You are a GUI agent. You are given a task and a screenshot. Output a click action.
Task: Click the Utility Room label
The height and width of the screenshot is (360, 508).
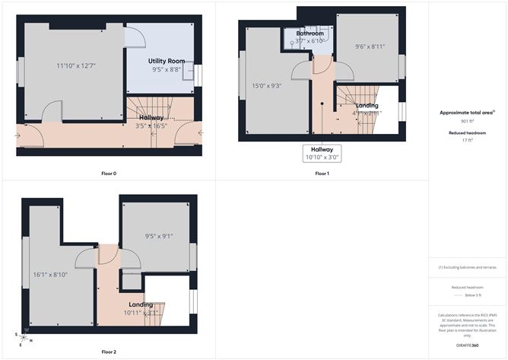pos(166,60)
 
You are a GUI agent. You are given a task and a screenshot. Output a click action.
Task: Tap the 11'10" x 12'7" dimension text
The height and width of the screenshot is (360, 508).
pos(75,65)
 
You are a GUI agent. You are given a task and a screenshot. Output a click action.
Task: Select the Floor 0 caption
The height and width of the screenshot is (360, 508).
pos(109,174)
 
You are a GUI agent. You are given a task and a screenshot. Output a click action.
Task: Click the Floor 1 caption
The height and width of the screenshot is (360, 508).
pos(322,174)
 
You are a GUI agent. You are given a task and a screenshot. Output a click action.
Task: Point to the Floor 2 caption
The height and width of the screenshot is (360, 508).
pos(109,352)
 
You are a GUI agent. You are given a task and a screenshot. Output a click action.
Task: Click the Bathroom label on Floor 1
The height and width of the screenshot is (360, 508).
pos(310,33)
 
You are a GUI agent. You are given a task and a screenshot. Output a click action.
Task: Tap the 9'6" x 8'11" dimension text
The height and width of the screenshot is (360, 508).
pos(370,46)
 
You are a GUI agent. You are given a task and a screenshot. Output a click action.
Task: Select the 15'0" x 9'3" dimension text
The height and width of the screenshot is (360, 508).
pos(267,86)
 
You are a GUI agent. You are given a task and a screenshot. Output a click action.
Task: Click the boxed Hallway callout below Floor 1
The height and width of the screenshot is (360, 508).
pos(322,154)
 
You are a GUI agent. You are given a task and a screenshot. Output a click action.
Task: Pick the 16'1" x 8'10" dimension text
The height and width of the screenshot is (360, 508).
pos(50,274)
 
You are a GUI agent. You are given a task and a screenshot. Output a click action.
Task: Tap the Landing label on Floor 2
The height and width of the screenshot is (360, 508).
pos(141,304)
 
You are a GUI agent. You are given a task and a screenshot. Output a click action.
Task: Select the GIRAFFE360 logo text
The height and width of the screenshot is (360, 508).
pos(468,346)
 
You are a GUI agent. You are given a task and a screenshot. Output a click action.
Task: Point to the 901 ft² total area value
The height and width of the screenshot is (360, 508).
pos(467,121)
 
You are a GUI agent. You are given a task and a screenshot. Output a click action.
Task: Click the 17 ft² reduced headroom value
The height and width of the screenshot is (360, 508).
pos(467,141)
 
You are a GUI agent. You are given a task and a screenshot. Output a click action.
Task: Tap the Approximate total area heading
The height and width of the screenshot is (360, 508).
pos(467,112)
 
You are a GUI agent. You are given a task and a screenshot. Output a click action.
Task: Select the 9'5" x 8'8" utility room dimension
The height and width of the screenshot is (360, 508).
pos(166,69)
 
